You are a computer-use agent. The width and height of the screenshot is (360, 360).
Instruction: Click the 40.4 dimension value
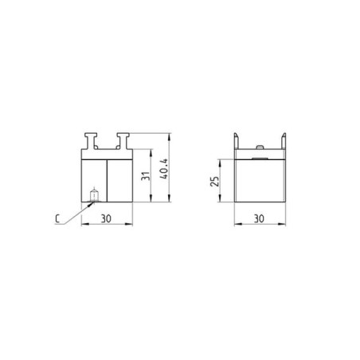click(165, 169)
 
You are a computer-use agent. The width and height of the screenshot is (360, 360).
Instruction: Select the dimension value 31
click(146, 176)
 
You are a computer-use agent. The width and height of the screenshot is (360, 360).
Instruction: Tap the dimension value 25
click(215, 181)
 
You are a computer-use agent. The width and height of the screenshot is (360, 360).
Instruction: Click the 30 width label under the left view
click(106, 219)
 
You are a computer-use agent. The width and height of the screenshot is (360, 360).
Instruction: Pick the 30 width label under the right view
click(259, 219)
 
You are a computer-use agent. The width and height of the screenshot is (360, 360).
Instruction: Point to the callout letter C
click(57, 219)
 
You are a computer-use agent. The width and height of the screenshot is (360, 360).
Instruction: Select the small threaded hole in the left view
click(94, 195)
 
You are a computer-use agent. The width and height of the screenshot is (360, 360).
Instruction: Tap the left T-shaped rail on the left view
click(91, 140)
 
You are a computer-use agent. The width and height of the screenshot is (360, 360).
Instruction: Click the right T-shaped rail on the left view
click(123, 140)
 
